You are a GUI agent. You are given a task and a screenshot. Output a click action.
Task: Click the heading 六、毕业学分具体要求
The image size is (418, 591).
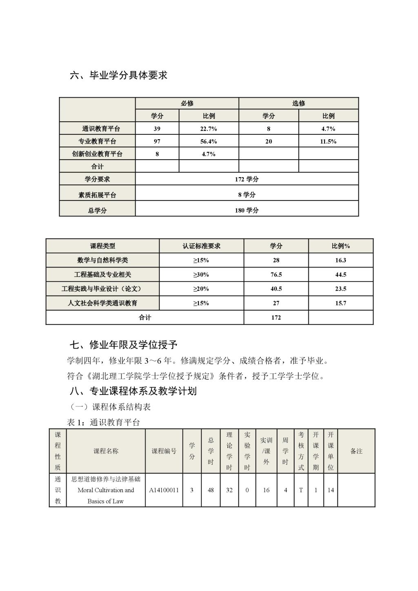(119, 75)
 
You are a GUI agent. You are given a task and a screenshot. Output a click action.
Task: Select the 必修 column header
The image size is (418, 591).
(187, 103)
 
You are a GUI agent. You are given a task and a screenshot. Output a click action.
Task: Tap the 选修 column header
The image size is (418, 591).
(298, 103)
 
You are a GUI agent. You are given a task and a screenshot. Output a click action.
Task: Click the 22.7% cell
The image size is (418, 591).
(209, 129)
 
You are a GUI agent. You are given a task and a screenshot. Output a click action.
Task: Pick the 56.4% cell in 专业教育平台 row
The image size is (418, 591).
(209, 141)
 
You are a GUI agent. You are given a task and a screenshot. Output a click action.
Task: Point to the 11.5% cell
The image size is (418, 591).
(328, 141)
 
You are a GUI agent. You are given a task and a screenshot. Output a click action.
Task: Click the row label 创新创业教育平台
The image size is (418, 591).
(97, 154)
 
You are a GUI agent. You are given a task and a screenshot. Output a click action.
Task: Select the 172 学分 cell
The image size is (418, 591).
(247, 179)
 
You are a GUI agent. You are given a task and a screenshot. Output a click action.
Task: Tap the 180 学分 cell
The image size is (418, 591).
(247, 210)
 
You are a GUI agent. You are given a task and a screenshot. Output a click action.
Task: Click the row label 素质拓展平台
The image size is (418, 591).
(97, 195)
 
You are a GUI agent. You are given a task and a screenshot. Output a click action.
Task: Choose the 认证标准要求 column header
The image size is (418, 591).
(201, 246)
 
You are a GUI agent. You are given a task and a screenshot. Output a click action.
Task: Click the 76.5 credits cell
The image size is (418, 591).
(276, 275)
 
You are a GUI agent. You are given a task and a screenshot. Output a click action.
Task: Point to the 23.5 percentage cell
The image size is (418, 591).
(340, 289)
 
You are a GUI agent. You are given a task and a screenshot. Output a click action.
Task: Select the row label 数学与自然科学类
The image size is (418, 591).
(102, 260)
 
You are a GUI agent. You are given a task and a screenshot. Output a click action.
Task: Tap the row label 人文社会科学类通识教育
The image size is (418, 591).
(102, 303)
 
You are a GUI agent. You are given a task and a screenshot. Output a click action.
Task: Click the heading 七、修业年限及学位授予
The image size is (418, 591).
(123, 345)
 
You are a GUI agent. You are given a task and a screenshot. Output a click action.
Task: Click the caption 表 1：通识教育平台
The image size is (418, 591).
(103, 422)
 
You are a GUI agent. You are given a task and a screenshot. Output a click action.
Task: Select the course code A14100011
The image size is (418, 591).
(164, 490)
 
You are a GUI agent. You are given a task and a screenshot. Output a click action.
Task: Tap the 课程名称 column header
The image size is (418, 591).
(106, 451)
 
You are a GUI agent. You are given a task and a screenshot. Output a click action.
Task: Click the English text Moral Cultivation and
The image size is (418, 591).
(106, 490)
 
